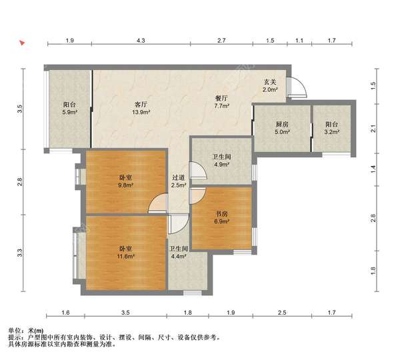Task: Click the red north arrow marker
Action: [22, 43]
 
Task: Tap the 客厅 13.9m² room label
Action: [141, 108]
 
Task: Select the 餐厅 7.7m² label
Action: [221, 102]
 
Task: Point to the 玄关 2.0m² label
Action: [270, 86]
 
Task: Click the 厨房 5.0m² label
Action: [282, 128]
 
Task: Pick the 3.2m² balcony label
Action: [331, 128]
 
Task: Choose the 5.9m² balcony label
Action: [69, 108]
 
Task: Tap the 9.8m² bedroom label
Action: [125, 181]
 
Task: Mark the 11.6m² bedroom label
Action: [125, 253]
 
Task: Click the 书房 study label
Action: [221, 217]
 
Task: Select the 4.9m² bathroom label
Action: [221, 161]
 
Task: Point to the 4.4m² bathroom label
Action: [179, 253]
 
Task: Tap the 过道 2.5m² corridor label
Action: [178, 181]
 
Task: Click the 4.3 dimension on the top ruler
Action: [141, 40]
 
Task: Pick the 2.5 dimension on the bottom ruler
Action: [282, 313]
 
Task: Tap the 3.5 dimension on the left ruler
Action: [19, 109]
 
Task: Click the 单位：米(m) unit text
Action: [26, 331]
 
